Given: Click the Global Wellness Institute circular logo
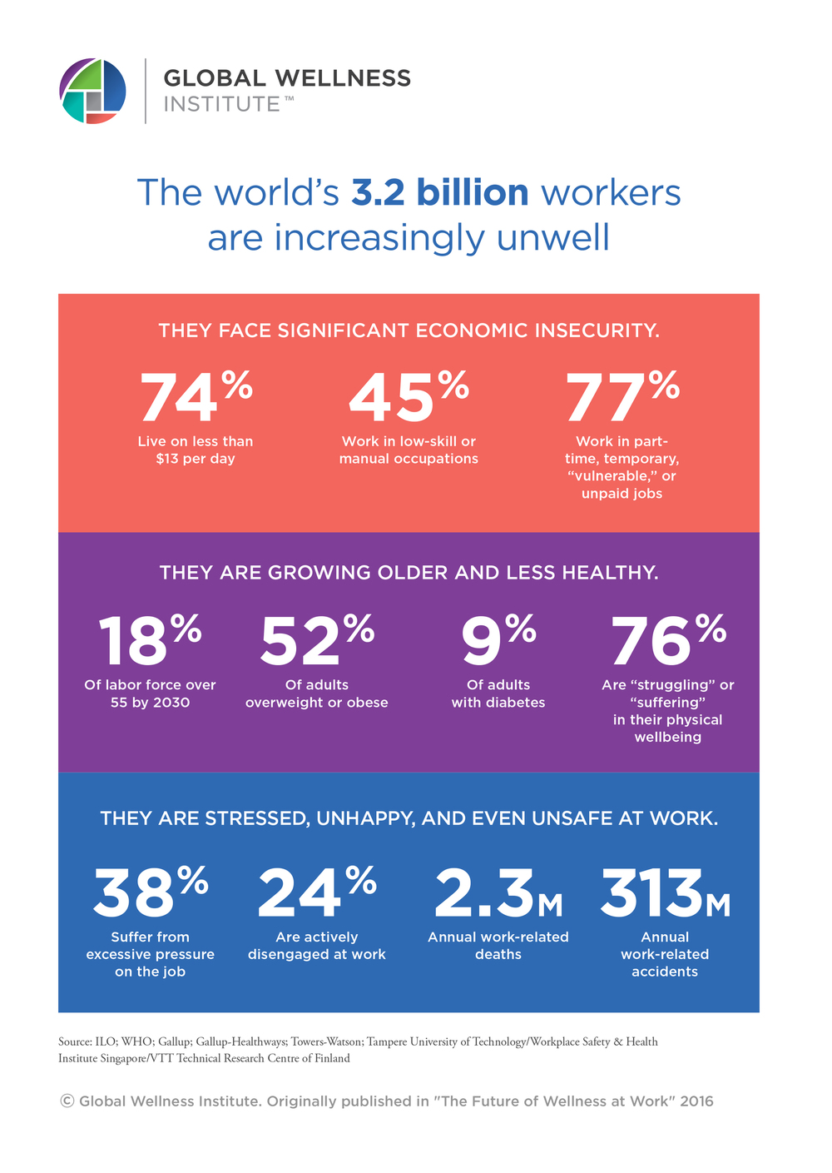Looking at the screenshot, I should (x=93, y=91).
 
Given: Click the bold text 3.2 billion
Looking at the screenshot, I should (x=439, y=192).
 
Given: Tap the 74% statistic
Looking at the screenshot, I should (x=196, y=397).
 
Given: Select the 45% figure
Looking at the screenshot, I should (x=409, y=397).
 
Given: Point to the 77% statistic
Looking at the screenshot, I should (x=622, y=397).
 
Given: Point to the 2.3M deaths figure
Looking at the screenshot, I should (x=498, y=893).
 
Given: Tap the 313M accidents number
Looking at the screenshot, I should (x=665, y=893).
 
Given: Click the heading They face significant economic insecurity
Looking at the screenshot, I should (x=409, y=331).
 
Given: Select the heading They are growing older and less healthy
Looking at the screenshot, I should (x=409, y=573).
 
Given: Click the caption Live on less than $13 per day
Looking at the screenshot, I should (x=196, y=450).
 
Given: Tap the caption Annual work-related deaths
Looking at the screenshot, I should (x=498, y=946).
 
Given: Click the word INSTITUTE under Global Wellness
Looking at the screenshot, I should (x=222, y=104).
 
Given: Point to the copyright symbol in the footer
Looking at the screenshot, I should (x=67, y=1101).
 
